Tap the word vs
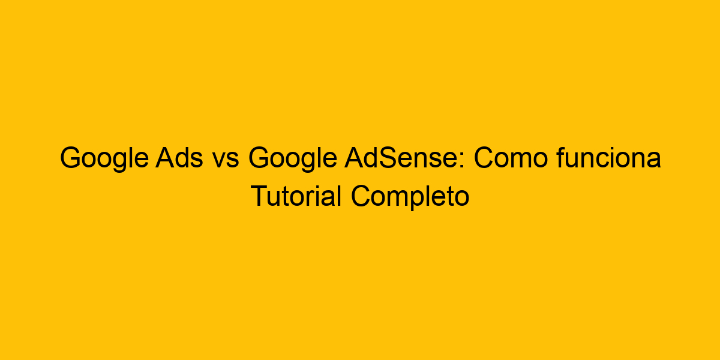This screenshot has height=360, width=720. pos(225,160)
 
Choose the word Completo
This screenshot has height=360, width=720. pos(410,197)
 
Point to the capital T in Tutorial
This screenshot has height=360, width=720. pos(257,197)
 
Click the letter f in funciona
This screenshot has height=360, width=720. pos(560,160)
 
